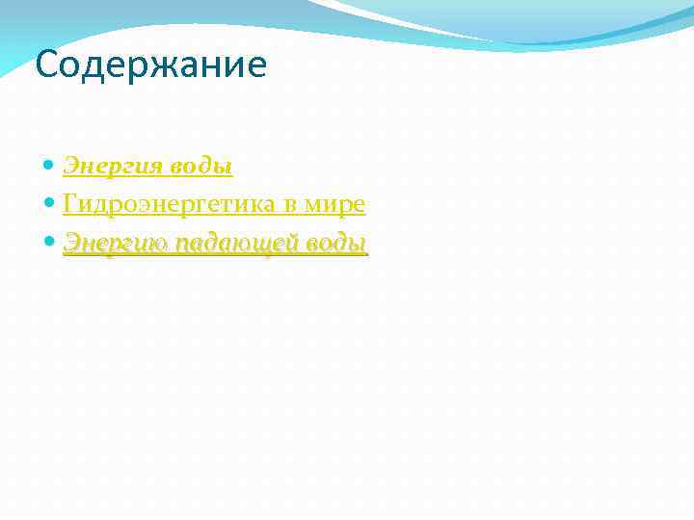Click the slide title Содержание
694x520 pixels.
(150, 66)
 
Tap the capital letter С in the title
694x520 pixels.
(45, 66)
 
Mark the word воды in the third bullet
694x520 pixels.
(337, 244)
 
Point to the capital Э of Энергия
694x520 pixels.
(70, 167)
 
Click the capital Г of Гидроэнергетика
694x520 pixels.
(69, 204)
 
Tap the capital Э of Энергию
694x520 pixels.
(70, 244)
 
